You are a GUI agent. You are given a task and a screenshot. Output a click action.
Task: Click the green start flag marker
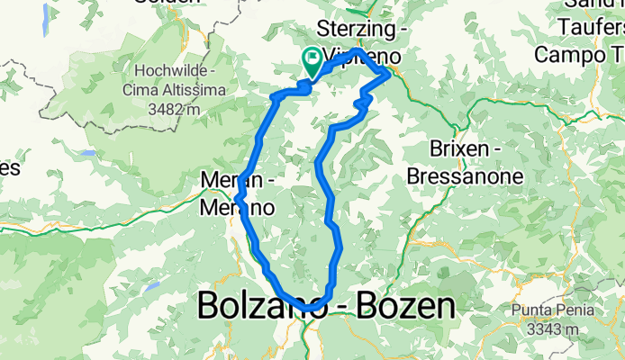click(312, 61)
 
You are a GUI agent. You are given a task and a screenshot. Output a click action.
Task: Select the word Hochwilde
click(172, 70)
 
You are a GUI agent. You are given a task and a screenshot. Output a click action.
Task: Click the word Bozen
click(403, 308)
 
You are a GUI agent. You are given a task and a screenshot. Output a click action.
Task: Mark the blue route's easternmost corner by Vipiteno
click(389, 75)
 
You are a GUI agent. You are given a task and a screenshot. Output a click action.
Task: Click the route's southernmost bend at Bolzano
click(311, 308)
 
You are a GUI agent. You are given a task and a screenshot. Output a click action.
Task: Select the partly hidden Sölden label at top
click(168, 3)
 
